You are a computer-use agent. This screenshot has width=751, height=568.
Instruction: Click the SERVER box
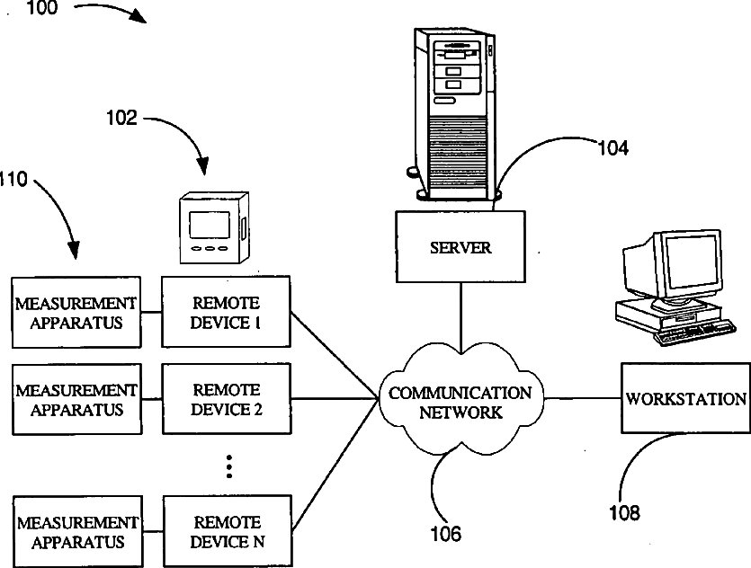coord(460,246)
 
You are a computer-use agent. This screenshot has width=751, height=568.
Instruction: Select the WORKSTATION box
coord(685,398)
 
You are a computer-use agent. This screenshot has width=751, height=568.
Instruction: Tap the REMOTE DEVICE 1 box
coord(226,312)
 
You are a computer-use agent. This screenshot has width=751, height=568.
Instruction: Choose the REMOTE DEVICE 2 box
coord(227,399)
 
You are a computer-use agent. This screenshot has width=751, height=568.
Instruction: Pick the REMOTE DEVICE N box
coord(228,531)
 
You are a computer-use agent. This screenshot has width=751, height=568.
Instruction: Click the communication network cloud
coord(460,399)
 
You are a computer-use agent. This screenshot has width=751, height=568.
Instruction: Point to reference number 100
coord(41,8)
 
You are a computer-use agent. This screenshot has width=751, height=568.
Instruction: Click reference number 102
coord(121,118)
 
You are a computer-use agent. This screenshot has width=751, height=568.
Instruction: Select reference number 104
coord(613,148)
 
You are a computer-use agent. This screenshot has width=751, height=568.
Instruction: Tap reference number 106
coord(446,534)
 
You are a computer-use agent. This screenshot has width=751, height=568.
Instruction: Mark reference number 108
coord(624,512)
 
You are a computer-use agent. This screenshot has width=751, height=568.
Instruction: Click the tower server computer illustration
coord(454,114)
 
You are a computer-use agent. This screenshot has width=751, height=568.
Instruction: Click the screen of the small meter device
coord(210,225)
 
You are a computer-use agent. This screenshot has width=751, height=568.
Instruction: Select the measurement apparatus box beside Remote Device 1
coord(76,312)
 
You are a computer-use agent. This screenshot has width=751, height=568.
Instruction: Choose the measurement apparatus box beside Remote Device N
coord(77,532)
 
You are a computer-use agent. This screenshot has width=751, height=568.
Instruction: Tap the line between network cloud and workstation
coord(583,398)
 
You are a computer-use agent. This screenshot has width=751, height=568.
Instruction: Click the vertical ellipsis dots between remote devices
coord(229,466)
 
